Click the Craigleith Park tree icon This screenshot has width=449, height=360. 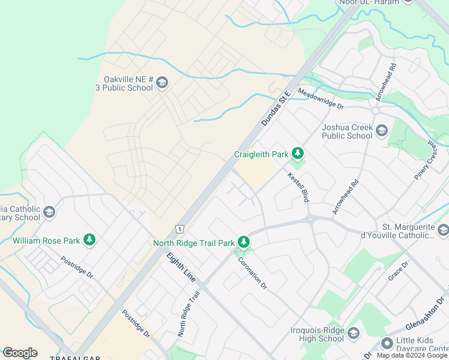(x=297, y=154)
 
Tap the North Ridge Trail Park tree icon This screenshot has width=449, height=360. (x=243, y=242)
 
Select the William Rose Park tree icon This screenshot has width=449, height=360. (x=89, y=241)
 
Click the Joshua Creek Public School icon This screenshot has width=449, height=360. (x=381, y=130)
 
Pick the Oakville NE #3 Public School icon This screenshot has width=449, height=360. (x=162, y=83)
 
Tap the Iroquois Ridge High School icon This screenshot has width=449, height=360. (x=353, y=334)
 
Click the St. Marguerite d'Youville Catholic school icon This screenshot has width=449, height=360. (x=443, y=230)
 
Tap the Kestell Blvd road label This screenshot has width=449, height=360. (x=298, y=187)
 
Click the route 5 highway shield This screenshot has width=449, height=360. (x=179, y=229)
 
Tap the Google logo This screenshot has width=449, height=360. (x=20, y=353)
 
